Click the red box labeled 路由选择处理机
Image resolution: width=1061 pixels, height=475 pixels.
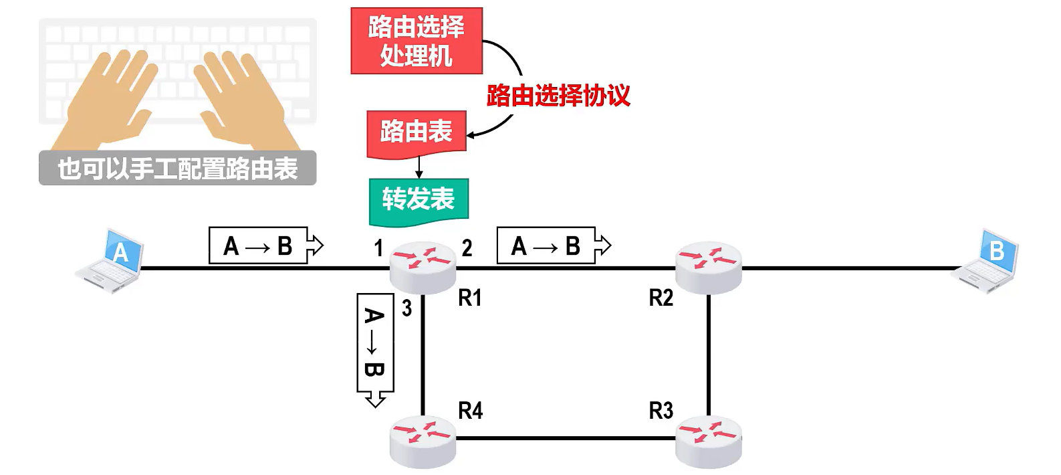[x=417, y=41]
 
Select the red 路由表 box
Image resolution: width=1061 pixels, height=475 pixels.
[x=417, y=133]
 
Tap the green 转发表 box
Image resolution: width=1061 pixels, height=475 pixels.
[x=419, y=201]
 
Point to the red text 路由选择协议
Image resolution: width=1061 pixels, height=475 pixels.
[x=558, y=95]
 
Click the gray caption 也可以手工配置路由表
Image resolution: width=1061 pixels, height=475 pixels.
[x=178, y=168]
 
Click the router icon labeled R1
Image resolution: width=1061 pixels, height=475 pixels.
[x=423, y=268]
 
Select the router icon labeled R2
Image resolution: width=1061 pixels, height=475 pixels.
[x=709, y=268]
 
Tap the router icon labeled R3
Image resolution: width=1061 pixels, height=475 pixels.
[x=709, y=442]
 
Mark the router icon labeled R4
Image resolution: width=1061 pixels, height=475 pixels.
[x=423, y=442]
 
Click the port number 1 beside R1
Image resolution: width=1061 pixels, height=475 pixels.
[x=378, y=248]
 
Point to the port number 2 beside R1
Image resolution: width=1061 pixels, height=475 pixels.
[x=467, y=248]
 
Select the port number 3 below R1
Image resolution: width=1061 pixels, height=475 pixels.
[x=407, y=308]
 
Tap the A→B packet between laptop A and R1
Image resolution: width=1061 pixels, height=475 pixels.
[x=266, y=246]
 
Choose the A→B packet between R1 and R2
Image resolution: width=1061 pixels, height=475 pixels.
[x=554, y=246]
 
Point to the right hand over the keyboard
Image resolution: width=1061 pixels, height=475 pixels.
[x=246, y=100]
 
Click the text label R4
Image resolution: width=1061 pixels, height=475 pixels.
[x=471, y=411]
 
